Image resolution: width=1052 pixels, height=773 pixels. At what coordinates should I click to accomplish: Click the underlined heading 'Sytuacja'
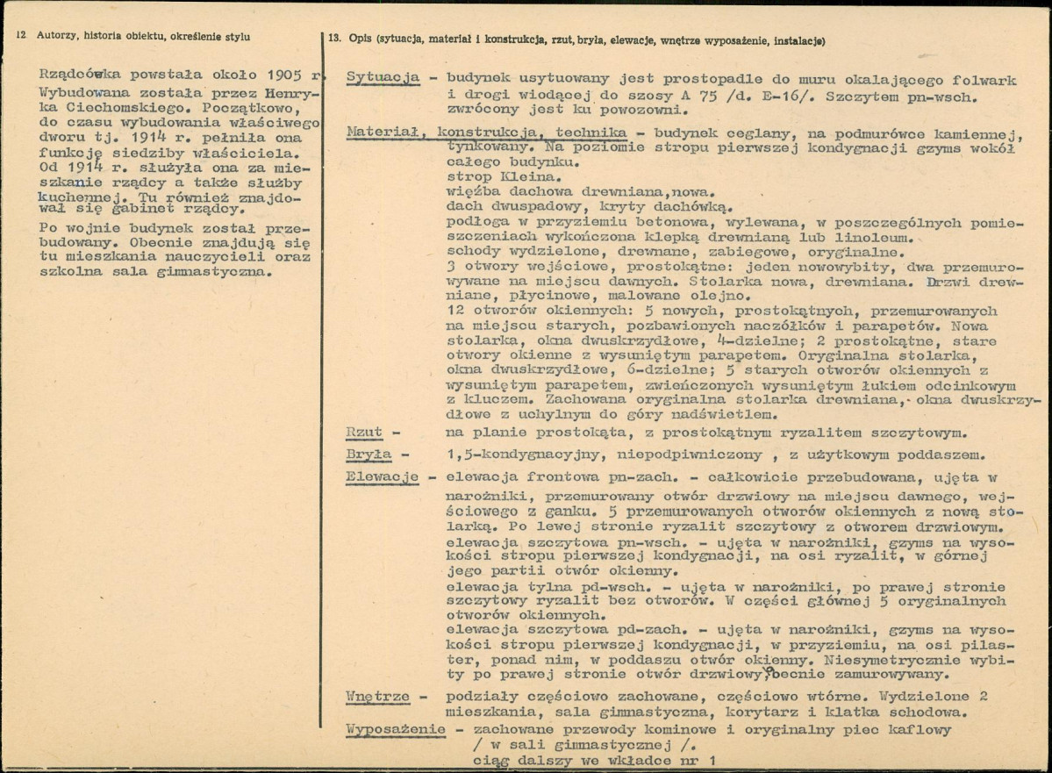[x=383, y=79]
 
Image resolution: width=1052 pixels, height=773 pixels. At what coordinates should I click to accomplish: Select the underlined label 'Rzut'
[x=365, y=433]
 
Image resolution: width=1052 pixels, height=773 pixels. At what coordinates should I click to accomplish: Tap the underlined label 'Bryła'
[x=369, y=455]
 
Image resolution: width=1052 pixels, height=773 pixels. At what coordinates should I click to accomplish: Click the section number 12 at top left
[x=19, y=36]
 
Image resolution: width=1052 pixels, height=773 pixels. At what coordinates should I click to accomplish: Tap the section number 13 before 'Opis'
[x=333, y=41]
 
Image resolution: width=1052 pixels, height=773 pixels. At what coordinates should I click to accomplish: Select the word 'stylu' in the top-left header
[x=236, y=36]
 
